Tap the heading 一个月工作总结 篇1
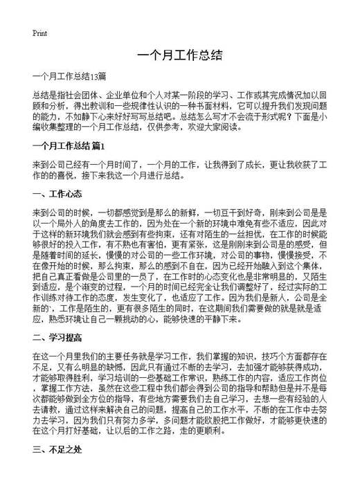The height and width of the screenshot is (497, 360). pos(68,146)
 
